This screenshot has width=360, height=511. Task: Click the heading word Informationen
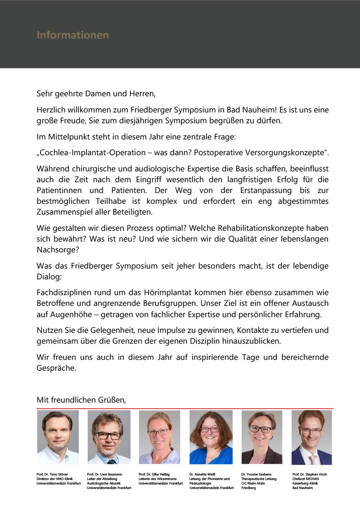[72, 35]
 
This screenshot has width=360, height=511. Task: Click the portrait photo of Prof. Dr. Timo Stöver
[58, 437]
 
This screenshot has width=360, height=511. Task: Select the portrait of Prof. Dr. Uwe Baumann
[108, 437]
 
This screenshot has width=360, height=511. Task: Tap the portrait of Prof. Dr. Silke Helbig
[159, 437]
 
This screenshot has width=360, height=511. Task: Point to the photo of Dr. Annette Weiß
[211, 437]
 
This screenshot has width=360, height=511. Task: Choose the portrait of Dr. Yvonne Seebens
[261, 437]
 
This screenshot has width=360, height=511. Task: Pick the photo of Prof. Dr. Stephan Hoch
[311, 437]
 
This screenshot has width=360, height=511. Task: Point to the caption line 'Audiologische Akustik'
[104, 484]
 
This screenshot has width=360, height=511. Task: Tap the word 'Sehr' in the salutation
[44, 94]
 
